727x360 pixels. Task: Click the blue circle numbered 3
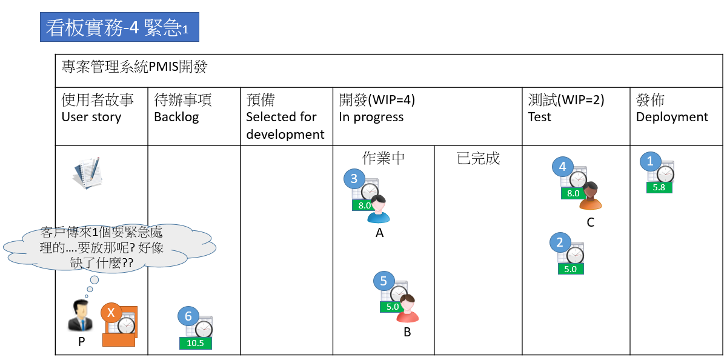click(354, 179)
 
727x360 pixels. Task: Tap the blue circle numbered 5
click(383, 281)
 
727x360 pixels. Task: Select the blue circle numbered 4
click(563, 166)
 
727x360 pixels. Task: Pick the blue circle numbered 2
click(560, 243)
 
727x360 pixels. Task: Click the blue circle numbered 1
click(651, 161)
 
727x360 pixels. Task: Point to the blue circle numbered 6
click(188, 316)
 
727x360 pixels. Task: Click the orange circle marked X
click(111, 313)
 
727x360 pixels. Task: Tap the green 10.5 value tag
click(196, 343)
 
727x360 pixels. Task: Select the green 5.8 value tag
click(659, 188)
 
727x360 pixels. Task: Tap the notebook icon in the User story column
click(87, 173)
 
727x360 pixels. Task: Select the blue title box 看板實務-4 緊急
click(119, 27)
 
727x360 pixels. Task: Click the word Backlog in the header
click(176, 117)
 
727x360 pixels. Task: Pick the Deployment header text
click(672, 117)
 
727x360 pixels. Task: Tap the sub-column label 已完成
click(478, 159)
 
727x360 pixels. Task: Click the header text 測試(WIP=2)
click(566, 100)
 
